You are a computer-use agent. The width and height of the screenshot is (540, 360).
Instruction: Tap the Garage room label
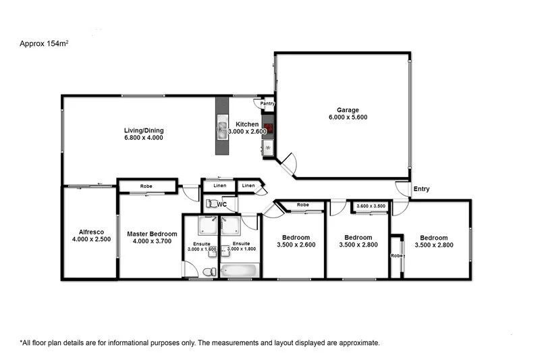(348, 110)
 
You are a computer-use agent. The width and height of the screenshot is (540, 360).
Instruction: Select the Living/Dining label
(143, 130)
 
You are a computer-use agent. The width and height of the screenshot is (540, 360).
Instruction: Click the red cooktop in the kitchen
(268, 128)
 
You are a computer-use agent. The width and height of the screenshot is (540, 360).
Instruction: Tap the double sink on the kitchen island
(222, 126)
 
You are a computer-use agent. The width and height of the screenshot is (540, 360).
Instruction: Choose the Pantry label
(268, 103)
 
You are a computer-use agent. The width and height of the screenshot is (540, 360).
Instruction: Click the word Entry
(421, 189)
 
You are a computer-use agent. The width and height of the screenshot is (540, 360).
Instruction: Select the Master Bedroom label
(152, 234)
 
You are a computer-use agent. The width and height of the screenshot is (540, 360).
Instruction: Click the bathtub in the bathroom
(240, 272)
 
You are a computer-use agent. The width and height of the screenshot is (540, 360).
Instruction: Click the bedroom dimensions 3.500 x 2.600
(296, 245)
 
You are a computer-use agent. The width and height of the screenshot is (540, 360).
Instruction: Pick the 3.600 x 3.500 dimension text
(371, 205)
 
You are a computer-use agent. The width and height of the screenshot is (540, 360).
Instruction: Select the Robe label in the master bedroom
(146, 186)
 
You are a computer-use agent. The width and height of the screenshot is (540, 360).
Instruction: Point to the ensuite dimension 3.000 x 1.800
(241, 249)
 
